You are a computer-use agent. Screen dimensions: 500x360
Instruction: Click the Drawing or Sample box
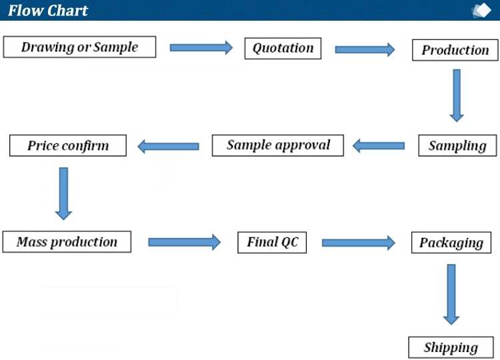point(79,47)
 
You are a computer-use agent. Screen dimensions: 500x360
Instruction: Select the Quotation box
point(283,49)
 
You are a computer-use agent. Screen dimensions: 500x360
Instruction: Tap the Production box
point(455,50)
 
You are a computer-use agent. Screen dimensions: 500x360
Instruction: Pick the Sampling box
point(457,145)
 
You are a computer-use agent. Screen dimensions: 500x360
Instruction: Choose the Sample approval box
point(278,145)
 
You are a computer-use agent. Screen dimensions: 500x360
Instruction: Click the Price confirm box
point(68,145)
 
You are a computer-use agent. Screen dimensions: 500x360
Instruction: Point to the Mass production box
point(67,242)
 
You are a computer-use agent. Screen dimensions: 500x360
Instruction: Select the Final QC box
point(272,243)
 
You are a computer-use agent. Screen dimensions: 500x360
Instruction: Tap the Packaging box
point(451,243)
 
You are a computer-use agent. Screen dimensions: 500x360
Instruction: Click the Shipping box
point(451,347)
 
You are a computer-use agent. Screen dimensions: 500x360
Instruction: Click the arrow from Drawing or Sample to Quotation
point(201,48)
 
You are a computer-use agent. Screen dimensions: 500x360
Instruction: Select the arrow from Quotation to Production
point(365,49)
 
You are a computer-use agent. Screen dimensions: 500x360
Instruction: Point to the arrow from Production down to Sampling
point(457,95)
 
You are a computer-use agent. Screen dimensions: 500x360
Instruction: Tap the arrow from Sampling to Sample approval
point(379,146)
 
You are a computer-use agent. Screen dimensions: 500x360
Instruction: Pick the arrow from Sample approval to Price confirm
point(168,146)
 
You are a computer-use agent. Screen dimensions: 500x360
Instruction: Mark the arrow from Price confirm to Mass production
point(63,194)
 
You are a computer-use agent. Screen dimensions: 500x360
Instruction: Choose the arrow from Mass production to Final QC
point(184,242)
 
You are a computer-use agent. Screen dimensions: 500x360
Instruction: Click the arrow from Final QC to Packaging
point(359,243)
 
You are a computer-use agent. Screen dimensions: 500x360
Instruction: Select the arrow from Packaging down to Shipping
point(451,295)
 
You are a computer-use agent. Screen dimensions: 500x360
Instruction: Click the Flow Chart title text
point(48,11)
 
